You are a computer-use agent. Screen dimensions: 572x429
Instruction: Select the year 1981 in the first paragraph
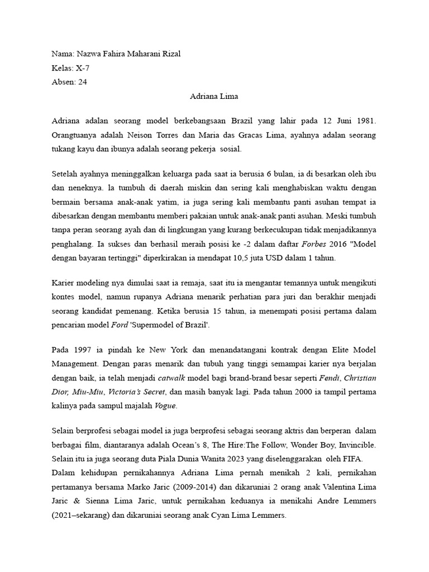(x=364, y=121)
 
